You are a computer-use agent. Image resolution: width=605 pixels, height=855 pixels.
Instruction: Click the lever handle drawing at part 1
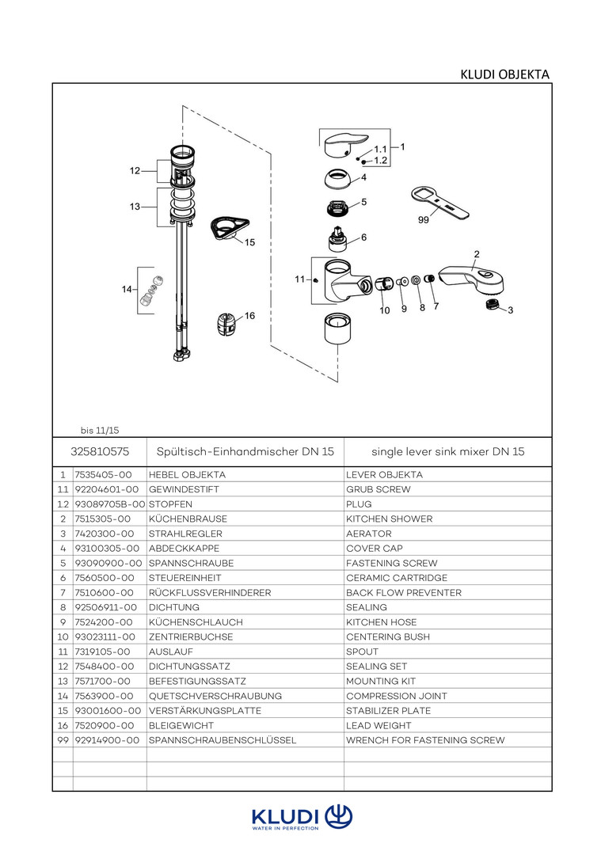[x=346, y=146]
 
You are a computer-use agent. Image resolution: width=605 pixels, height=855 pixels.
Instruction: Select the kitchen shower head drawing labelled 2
[x=473, y=278]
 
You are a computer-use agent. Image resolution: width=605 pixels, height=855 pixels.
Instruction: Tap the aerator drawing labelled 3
[x=493, y=304]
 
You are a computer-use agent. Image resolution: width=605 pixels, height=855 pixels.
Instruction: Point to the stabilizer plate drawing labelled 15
[x=229, y=227]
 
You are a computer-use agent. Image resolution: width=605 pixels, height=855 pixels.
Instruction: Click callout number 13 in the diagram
[x=135, y=207]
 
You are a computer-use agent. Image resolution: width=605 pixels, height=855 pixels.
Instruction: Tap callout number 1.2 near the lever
[x=380, y=160]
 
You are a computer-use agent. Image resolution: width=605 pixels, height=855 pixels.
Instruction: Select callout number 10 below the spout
[x=385, y=310]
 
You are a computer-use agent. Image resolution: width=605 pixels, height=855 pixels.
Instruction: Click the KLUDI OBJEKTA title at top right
[x=504, y=74]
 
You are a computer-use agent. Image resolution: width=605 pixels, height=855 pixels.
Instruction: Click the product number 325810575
[x=100, y=451]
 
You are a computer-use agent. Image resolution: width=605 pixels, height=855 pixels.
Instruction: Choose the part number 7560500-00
[x=105, y=578]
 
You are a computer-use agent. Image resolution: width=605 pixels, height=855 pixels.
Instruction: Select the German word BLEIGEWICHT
[x=181, y=726]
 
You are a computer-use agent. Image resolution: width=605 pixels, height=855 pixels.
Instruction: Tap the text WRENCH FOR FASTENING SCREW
[x=425, y=740]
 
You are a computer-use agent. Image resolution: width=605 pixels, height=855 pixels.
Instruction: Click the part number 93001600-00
[x=108, y=711]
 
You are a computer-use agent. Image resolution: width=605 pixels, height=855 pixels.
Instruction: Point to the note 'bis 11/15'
[x=100, y=431]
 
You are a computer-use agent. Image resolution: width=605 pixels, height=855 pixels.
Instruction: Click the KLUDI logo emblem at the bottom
[x=339, y=816]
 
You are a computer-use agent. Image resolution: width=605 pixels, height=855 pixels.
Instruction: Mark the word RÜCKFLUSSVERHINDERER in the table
[x=210, y=593]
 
